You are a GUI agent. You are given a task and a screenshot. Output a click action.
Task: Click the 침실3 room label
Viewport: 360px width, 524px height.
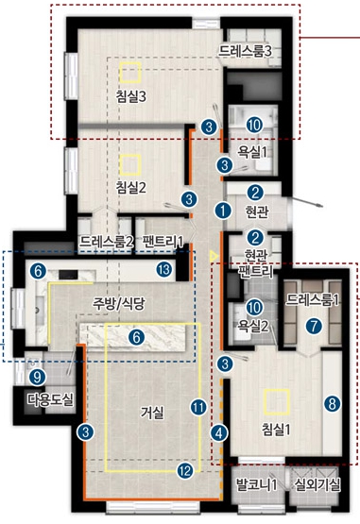131,97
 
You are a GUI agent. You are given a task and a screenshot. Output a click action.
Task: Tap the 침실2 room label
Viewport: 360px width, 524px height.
131,188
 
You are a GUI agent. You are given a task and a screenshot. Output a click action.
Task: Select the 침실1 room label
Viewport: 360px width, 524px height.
276,430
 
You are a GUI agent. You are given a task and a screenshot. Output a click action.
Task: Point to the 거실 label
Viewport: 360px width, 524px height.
152,414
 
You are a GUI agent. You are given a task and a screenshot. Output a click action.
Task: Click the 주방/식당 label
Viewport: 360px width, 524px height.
119,303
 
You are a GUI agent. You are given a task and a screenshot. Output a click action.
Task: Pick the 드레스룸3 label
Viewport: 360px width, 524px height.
245,51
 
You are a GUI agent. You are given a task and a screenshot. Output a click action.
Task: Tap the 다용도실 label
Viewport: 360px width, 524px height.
50,399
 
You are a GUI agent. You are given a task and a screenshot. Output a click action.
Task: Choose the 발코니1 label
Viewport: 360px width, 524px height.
257,484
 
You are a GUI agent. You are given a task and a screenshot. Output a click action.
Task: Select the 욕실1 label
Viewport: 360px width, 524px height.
252,152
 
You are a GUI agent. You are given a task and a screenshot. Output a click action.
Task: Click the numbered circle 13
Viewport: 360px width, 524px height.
164,269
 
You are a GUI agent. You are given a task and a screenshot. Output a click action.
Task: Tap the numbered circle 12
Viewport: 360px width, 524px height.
185,471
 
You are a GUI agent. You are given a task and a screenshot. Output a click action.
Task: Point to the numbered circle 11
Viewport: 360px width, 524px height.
198,407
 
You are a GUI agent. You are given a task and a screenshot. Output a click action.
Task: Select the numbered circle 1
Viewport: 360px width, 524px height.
223,211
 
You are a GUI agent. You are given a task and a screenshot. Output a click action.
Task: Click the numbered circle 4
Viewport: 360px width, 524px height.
219,433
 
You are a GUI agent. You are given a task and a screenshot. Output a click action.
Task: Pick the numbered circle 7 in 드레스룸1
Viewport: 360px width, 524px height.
314,326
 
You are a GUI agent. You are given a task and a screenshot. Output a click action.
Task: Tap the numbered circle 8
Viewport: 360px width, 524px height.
333,404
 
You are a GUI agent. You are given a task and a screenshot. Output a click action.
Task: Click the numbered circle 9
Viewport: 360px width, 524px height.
37,378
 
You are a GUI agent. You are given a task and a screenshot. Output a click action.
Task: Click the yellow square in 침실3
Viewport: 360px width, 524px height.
130,72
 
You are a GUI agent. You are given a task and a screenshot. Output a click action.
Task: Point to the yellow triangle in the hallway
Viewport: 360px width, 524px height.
214,256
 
